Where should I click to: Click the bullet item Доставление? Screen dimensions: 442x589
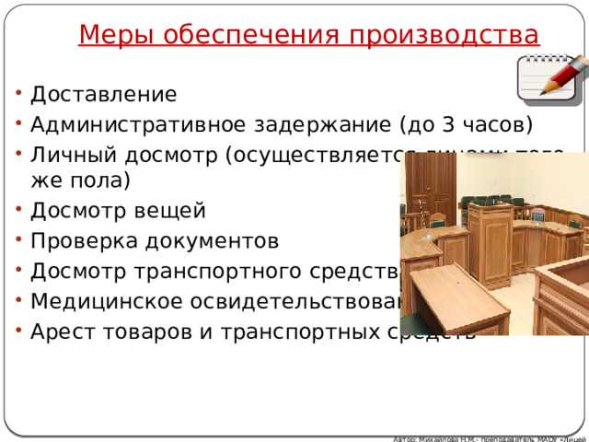click(x=103, y=94)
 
